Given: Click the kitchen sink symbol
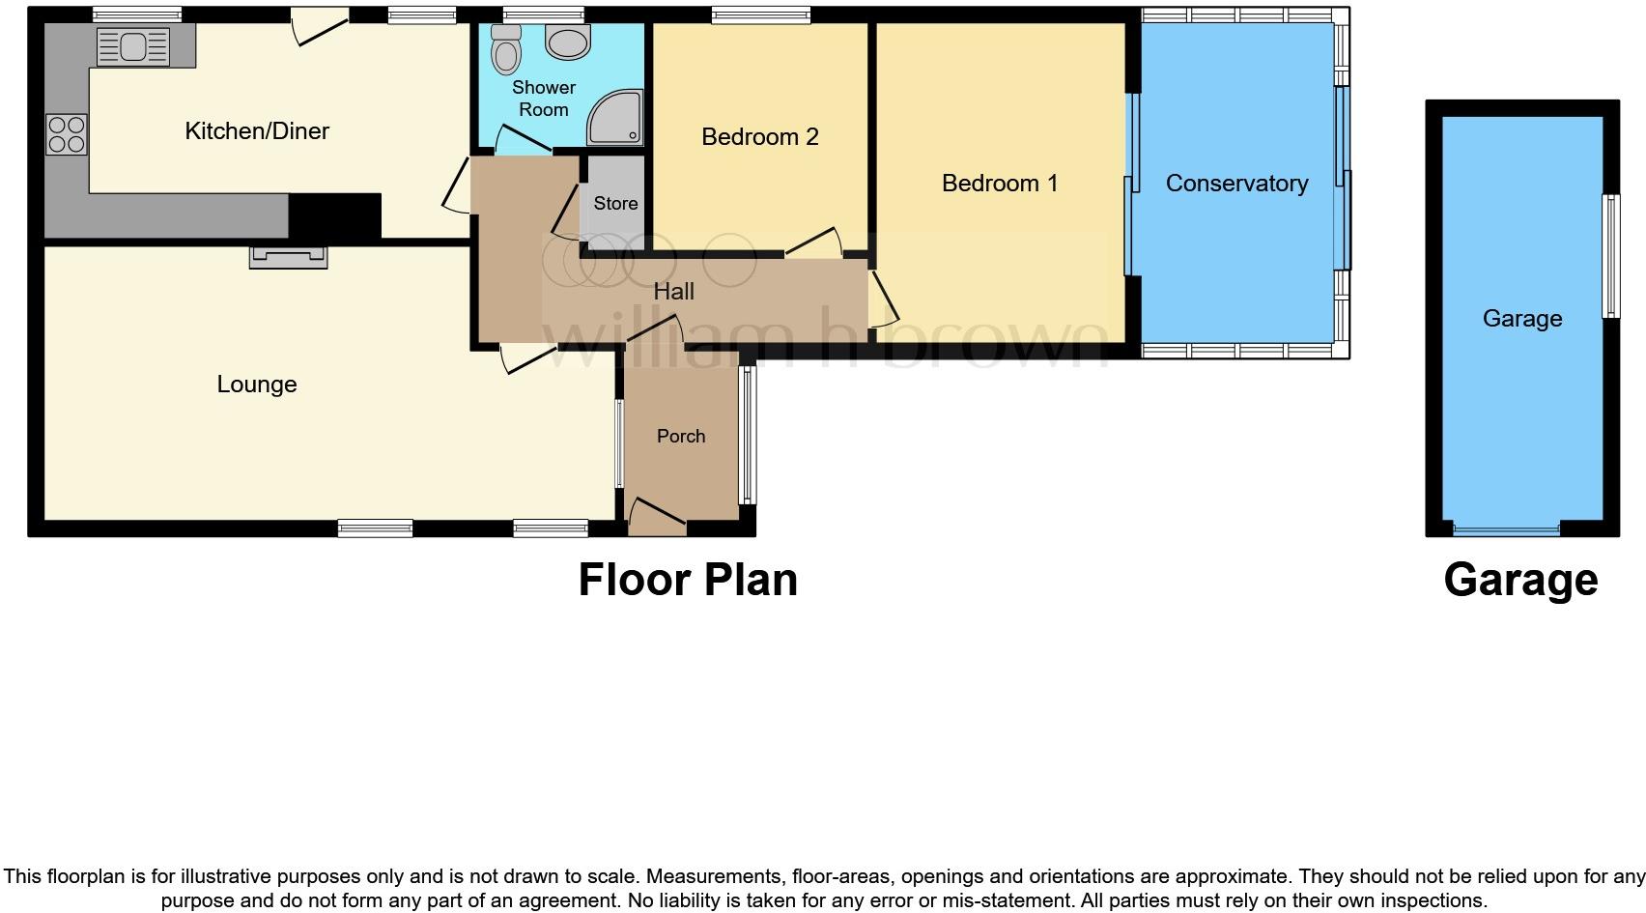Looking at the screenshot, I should point(132,45).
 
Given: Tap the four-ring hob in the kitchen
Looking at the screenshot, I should point(67,134).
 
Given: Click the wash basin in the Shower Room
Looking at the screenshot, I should point(568,42).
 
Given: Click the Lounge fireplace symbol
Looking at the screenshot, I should point(288,256).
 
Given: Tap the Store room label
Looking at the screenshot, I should point(615,203).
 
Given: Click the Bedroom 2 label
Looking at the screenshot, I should point(759,137).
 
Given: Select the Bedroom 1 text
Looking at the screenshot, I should point(999,183).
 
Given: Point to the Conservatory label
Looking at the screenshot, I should point(1235,184).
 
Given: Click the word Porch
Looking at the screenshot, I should point(680,436).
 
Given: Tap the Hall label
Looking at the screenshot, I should point(673,291).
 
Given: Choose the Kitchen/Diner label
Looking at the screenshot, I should point(257,131).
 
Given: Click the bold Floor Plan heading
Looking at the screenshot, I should point(687,580).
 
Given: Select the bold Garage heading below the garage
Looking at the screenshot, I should point(1519,580).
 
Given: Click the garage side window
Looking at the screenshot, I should point(1610,256).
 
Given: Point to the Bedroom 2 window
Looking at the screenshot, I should point(760,14).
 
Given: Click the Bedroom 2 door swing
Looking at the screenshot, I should point(813,243).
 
